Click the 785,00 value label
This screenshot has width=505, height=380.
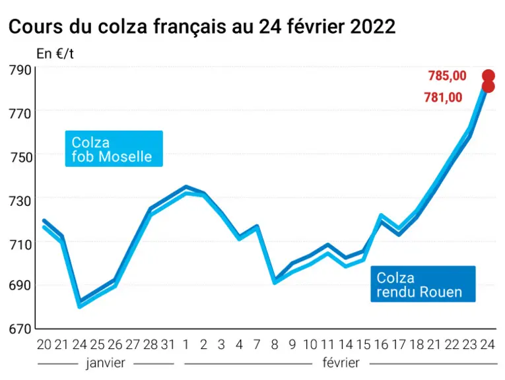click(447, 76)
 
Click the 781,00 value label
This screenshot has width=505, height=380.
click(443, 97)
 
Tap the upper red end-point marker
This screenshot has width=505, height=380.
click(488, 76)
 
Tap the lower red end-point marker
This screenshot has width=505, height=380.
click(488, 86)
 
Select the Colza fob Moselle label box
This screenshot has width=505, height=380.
click(114, 148)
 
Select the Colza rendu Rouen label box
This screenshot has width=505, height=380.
click(423, 284)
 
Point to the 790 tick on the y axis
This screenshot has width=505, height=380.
click(20, 70)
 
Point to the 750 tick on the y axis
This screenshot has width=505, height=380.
click(20, 157)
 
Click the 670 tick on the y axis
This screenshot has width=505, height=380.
click(20, 329)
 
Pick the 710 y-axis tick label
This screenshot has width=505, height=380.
click(20, 245)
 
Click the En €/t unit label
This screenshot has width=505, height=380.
click(55, 53)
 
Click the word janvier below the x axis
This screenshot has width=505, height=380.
click(106, 363)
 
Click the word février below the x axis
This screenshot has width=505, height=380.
click(341, 363)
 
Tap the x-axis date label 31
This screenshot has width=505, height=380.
click(168, 344)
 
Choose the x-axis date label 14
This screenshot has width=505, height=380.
click(345, 344)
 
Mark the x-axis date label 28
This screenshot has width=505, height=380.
click(150, 344)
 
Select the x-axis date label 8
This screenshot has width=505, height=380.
click(275, 344)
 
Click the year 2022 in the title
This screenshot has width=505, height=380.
click(373, 26)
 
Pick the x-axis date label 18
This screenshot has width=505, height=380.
click(417, 344)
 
